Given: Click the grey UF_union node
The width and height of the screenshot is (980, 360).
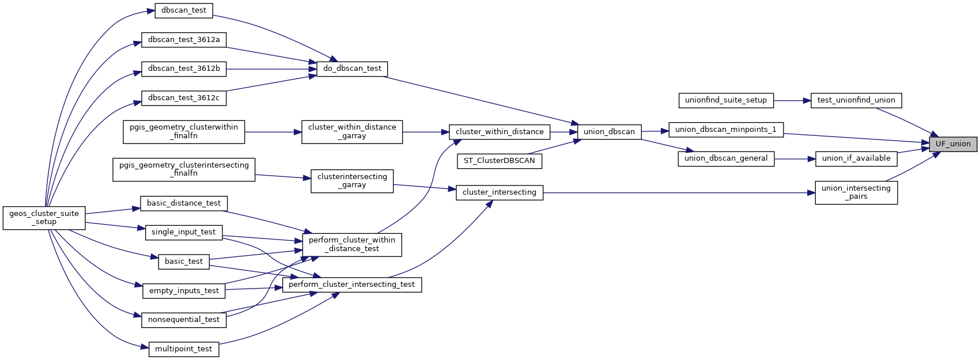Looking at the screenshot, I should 953,144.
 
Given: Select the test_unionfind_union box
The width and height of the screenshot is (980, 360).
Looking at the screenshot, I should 856,100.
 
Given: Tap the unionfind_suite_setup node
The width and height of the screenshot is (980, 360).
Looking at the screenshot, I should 725,100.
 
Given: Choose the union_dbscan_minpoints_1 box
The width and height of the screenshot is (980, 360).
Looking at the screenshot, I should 725,130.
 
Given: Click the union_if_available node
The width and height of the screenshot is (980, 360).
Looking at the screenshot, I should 856,158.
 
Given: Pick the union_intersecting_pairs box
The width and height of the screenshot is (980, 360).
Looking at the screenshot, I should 856,192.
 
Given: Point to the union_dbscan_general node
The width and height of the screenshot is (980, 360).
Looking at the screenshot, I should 725,158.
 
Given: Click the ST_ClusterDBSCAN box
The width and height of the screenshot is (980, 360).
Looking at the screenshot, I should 500,161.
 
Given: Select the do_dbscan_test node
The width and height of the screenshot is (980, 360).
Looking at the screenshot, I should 352,69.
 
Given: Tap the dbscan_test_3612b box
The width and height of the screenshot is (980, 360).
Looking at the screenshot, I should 184,69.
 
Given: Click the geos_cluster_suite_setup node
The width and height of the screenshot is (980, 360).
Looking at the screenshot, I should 44,218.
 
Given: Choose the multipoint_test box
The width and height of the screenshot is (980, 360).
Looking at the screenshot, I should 183,349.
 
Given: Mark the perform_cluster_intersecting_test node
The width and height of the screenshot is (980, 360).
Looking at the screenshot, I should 351,285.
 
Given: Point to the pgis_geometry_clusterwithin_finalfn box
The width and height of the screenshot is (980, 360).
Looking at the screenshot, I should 183,132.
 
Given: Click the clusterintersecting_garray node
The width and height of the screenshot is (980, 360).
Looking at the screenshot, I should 352,181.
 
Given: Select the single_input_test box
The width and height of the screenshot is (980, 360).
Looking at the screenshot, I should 183,232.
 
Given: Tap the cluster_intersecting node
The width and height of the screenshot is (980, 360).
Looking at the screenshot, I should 499,192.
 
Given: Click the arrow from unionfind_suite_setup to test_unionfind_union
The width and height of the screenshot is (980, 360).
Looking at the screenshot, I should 792,100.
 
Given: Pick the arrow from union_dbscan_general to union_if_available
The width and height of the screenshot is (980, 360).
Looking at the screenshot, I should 794,158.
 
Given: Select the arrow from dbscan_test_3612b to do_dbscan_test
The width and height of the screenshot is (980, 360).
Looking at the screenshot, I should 271,69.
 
